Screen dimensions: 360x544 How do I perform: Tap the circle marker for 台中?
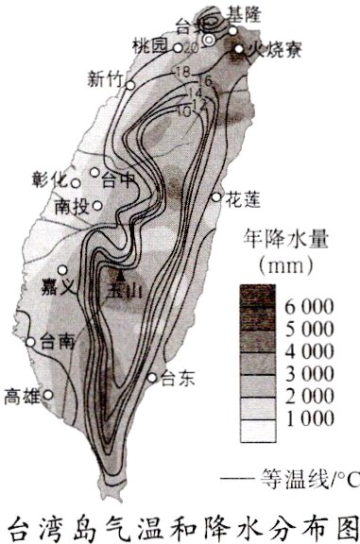tap(95, 173)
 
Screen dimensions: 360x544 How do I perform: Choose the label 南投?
tap(73, 204)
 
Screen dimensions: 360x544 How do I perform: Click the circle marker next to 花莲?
tap(216, 197)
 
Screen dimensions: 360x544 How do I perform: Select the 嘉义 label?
tap(58, 285)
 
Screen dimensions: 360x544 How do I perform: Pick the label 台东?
tap(178, 380)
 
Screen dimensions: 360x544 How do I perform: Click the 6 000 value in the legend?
tap(308, 306)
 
